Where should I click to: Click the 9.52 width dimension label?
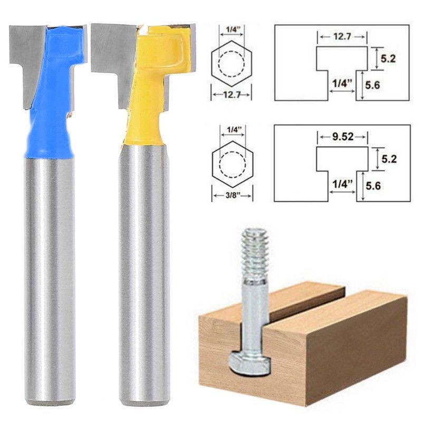click(x=342, y=137)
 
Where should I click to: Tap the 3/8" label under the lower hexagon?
click(x=232, y=195)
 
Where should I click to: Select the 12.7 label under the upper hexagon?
click(x=232, y=95)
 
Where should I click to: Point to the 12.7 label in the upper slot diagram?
click(x=342, y=36)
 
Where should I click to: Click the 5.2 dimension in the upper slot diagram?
click(x=388, y=59)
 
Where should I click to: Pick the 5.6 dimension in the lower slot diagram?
click(x=373, y=186)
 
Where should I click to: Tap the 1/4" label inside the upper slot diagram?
click(x=342, y=83)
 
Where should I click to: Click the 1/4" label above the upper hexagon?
click(x=232, y=30)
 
